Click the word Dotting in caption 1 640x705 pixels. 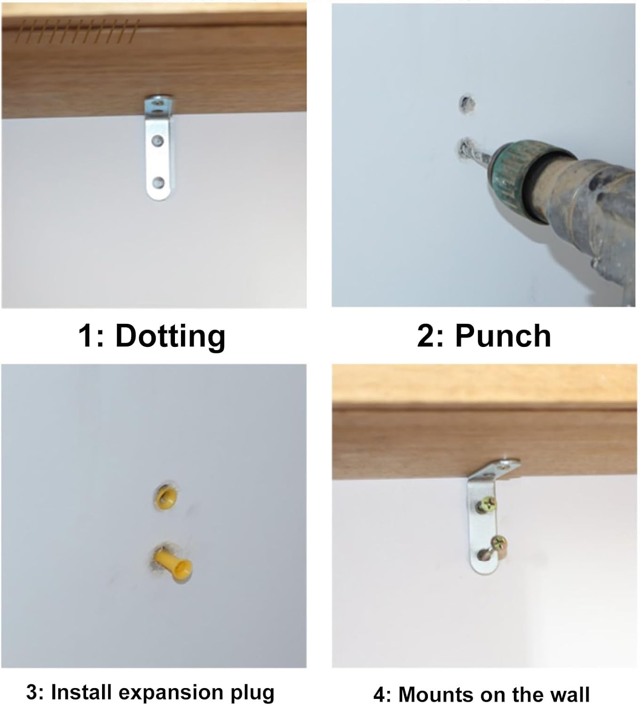(171, 337)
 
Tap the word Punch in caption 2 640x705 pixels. (503, 336)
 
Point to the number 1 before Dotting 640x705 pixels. (86, 337)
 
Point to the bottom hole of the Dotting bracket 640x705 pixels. (158, 182)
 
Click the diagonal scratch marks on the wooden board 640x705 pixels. (76, 31)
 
